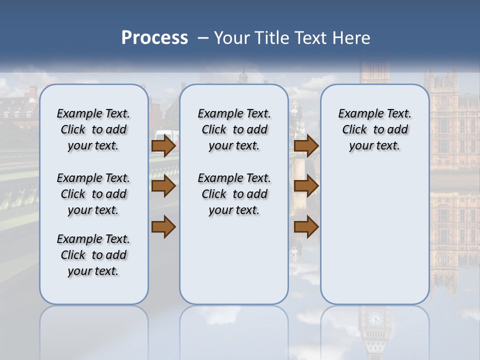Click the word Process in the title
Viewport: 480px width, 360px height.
(x=154, y=38)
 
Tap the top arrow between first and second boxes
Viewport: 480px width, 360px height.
(x=163, y=146)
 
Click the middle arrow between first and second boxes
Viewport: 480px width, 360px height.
(x=163, y=186)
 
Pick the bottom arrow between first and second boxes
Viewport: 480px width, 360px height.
(x=163, y=227)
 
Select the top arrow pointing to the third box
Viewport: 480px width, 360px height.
(x=306, y=146)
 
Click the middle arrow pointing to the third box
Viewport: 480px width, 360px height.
(x=306, y=186)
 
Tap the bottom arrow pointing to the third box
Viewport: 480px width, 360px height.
(x=306, y=227)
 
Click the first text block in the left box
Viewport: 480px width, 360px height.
(x=93, y=129)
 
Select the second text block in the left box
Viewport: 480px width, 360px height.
(x=93, y=194)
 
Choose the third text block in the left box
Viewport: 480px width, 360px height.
(x=93, y=255)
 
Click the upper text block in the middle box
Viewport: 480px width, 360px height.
(x=234, y=129)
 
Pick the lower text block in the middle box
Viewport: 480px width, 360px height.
(x=234, y=194)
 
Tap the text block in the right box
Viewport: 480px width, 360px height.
(x=374, y=129)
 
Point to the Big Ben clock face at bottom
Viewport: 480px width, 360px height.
(x=374, y=319)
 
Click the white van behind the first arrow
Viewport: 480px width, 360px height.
(x=167, y=135)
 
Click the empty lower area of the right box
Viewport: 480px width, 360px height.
(x=374, y=240)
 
